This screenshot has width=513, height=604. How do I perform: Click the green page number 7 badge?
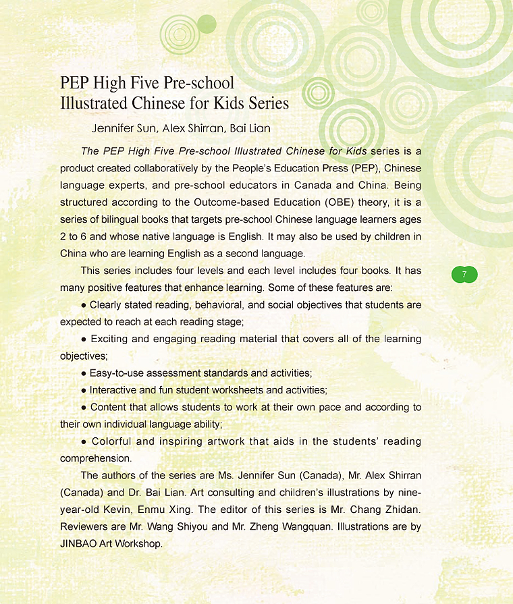coord(464,274)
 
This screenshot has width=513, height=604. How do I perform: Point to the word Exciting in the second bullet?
coord(110,338)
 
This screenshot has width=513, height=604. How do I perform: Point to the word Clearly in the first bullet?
coord(108,304)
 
